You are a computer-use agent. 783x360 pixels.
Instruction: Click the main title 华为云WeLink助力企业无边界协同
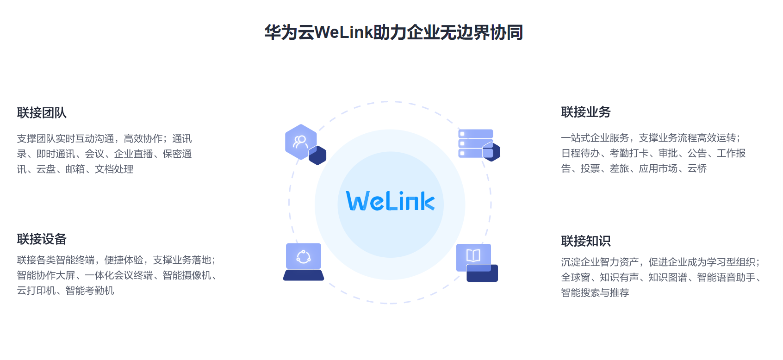coord(393,32)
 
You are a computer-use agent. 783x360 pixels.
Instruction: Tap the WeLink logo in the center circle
coord(391,201)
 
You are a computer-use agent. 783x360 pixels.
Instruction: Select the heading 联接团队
coord(42,112)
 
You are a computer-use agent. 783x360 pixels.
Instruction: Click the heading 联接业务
coord(586,112)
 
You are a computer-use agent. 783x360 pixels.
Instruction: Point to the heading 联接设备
coord(42,239)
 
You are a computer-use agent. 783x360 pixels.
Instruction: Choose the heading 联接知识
coord(586,241)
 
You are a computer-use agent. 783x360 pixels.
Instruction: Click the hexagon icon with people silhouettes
coord(301,142)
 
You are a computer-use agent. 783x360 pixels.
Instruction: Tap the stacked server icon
coord(476,143)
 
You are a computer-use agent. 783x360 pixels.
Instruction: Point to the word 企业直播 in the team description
coord(133,154)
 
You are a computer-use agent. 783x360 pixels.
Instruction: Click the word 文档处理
coord(114,169)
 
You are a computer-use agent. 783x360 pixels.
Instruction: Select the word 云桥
coord(697,168)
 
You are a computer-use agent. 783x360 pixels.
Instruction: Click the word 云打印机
coord(36,291)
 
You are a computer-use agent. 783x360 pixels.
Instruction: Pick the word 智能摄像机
coord(186,275)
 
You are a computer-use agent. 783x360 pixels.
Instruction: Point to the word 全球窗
coord(575,277)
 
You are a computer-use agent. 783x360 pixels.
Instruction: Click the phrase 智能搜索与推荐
coord(595,292)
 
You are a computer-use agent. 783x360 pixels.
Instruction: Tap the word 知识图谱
coord(667,277)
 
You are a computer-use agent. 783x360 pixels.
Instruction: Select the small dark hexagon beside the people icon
coord(317,155)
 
